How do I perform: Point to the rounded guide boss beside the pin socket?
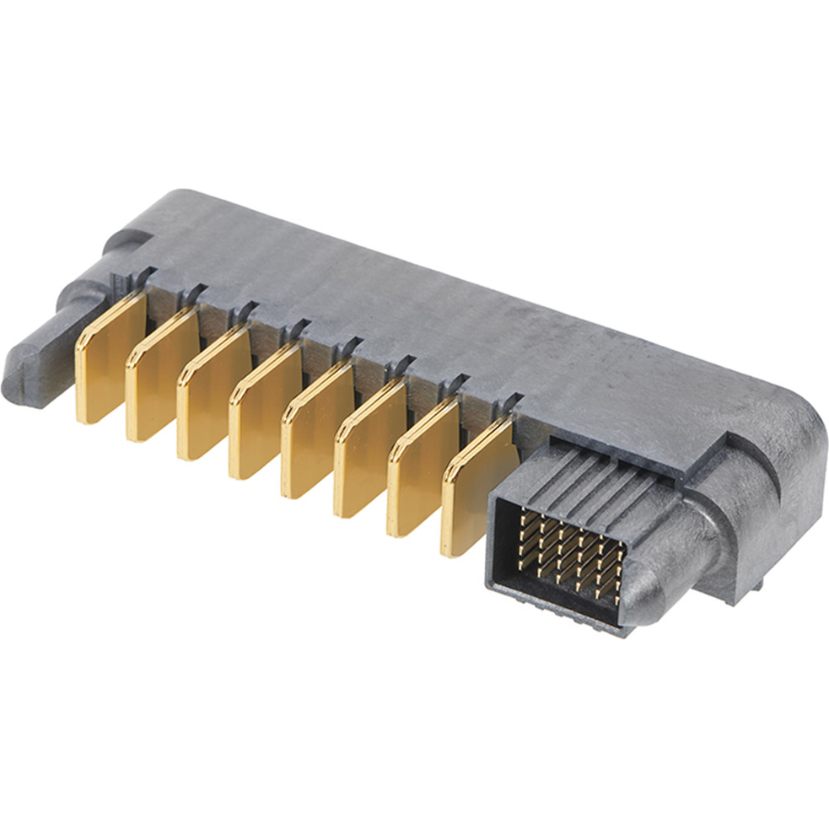(x=666, y=557)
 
